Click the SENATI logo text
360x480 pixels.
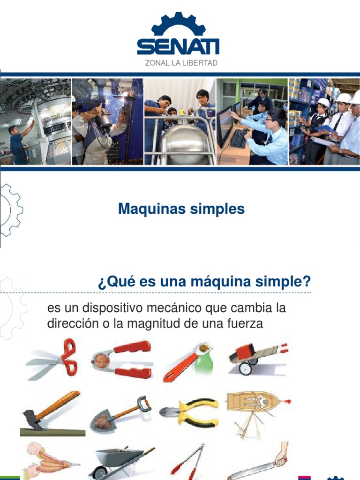178,46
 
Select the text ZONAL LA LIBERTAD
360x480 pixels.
181,63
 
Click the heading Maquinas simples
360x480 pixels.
181,209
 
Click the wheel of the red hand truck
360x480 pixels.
245,368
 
